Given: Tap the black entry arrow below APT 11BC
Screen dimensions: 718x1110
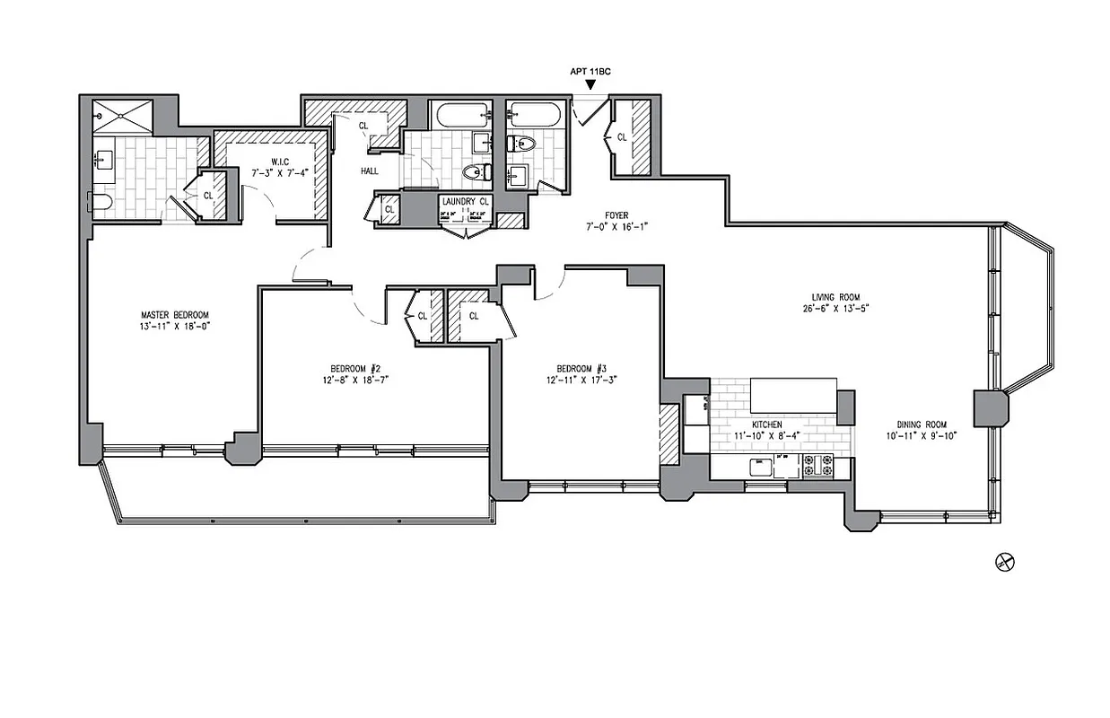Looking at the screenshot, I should [x=590, y=84].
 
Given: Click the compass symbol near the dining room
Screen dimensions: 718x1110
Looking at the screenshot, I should [x=1004, y=562].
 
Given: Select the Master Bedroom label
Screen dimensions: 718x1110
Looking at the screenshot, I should [x=175, y=315].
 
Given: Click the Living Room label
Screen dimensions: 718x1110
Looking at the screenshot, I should [x=828, y=297].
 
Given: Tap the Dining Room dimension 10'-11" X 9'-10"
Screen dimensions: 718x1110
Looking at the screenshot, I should [x=922, y=436].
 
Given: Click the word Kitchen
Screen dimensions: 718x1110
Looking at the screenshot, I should [x=766, y=425].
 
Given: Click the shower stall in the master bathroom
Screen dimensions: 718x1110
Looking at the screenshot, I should [x=123, y=118].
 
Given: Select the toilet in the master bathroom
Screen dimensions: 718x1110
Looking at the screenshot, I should [x=100, y=202].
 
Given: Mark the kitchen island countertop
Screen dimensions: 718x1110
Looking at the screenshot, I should [x=793, y=393].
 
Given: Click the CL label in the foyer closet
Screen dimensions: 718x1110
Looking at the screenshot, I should [x=621, y=137].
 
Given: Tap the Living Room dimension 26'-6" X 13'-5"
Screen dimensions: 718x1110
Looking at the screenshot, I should [x=828, y=309].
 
